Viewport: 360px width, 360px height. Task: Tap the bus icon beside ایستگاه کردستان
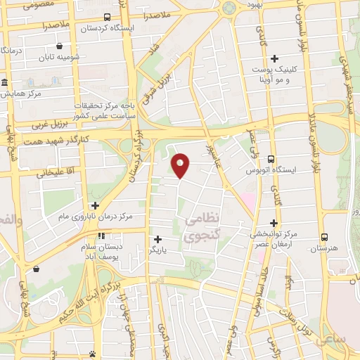106,17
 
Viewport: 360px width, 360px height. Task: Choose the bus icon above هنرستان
324,237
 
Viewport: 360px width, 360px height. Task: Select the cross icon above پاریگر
157,239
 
